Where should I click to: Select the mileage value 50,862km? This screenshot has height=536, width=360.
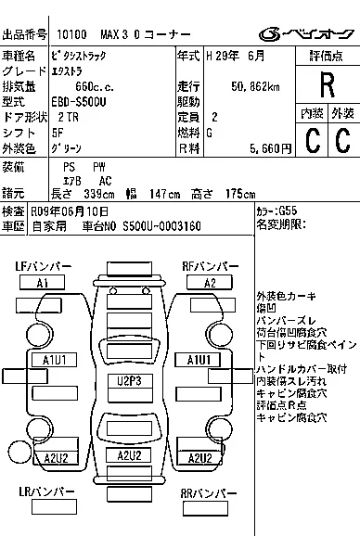tap(257, 85)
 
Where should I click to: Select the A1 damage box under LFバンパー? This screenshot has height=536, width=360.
tap(42, 282)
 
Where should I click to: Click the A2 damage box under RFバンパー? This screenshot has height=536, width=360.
tap(210, 282)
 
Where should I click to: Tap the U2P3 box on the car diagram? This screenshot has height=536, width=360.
tap(129, 379)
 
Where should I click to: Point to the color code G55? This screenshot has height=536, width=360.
tap(288, 211)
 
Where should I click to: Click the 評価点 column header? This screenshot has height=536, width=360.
tap(326, 57)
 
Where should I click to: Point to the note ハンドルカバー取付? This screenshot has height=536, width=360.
tap(301, 368)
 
